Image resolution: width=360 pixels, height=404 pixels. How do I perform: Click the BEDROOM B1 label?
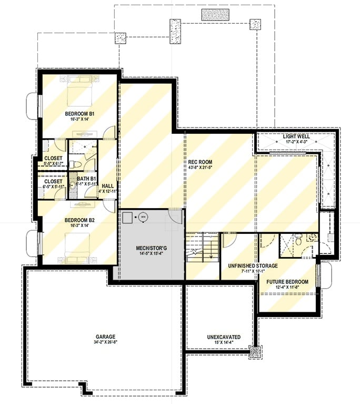[x=79, y=114]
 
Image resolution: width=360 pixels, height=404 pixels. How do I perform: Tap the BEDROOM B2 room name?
[x=79, y=220]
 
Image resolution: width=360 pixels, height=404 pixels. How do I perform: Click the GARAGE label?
[x=105, y=337]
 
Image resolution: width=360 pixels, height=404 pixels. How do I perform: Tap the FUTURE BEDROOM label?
[x=287, y=282]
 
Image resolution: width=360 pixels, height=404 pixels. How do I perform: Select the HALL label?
[x=107, y=185]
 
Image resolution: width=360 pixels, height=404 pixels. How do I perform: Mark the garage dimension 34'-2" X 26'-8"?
[x=105, y=342]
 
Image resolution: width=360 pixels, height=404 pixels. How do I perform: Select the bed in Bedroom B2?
[x=79, y=245]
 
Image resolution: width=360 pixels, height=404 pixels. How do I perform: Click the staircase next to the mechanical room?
[x=203, y=250]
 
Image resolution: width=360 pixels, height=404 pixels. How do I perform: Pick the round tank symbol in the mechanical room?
[x=142, y=216]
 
